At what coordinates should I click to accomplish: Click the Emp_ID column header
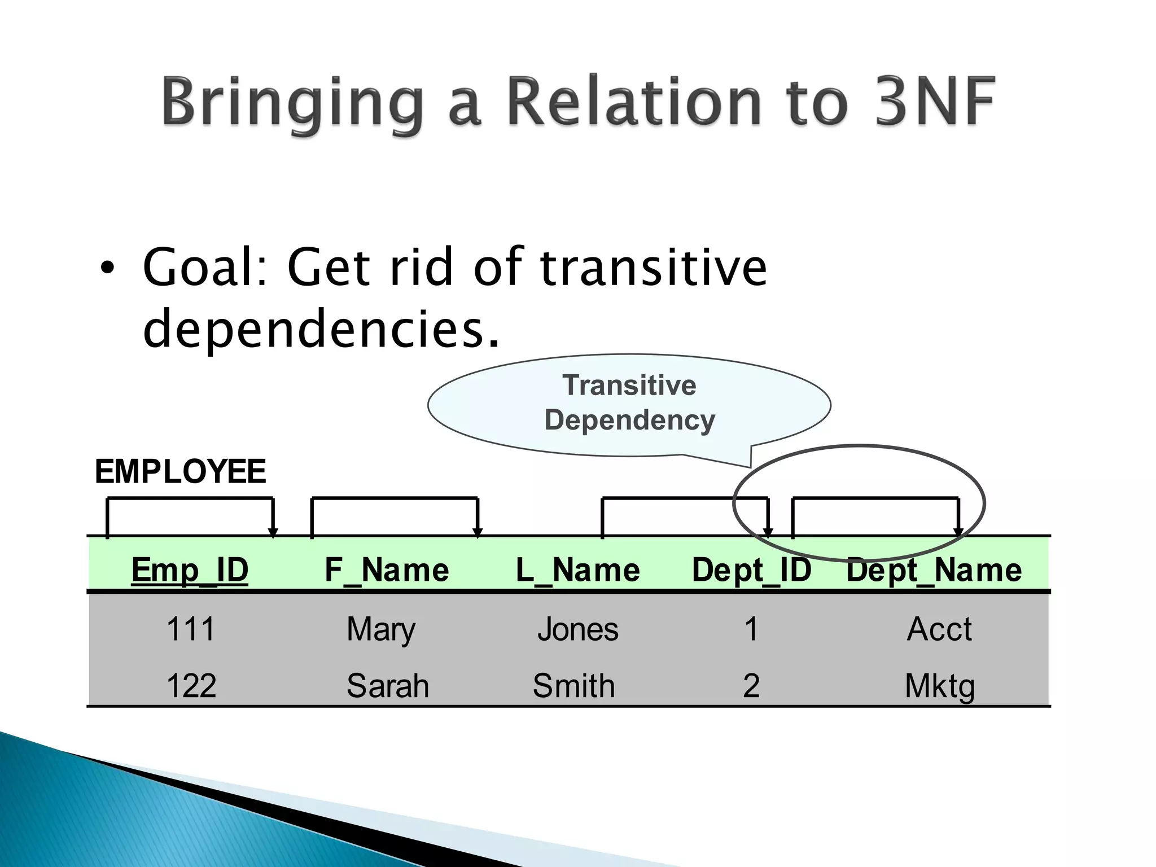[x=190, y=570]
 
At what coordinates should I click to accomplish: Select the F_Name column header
[x=387, y=570]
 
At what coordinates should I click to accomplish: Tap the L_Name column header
[x=578, y=570]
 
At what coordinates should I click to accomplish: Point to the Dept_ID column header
[x=751, y=570]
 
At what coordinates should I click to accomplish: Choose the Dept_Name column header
[x=934, y=570]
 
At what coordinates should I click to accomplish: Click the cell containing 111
[x=191, y=629]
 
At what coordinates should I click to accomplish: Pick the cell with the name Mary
[x=381, y=630]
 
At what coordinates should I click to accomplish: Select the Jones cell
[x=578, y=629]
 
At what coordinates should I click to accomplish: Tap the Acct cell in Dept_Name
[x=939, y=629]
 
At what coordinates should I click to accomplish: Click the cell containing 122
[x=191, y=686]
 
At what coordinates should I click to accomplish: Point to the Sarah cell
[x=388, y=686]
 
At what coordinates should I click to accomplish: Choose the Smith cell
[x=573, y=686]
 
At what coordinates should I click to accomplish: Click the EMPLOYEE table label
[x=180, y=471]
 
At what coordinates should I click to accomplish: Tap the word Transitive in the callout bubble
[x=629, y=386]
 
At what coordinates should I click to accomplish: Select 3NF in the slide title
[x=935, y=102]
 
